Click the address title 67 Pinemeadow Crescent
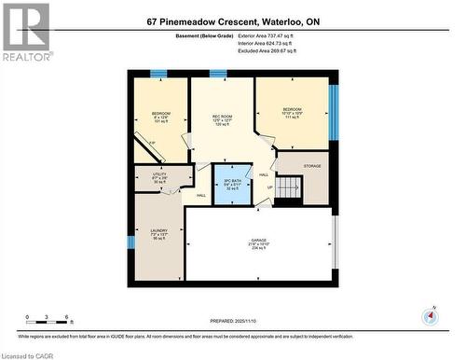click(x=232, y=21)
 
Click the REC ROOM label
click(x=222, y=117)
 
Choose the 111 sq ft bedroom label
click(x=292, y=111)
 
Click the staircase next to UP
click(x=292, y=192)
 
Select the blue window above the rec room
click(x=218, y=73)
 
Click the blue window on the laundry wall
click(x=130, y=242)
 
